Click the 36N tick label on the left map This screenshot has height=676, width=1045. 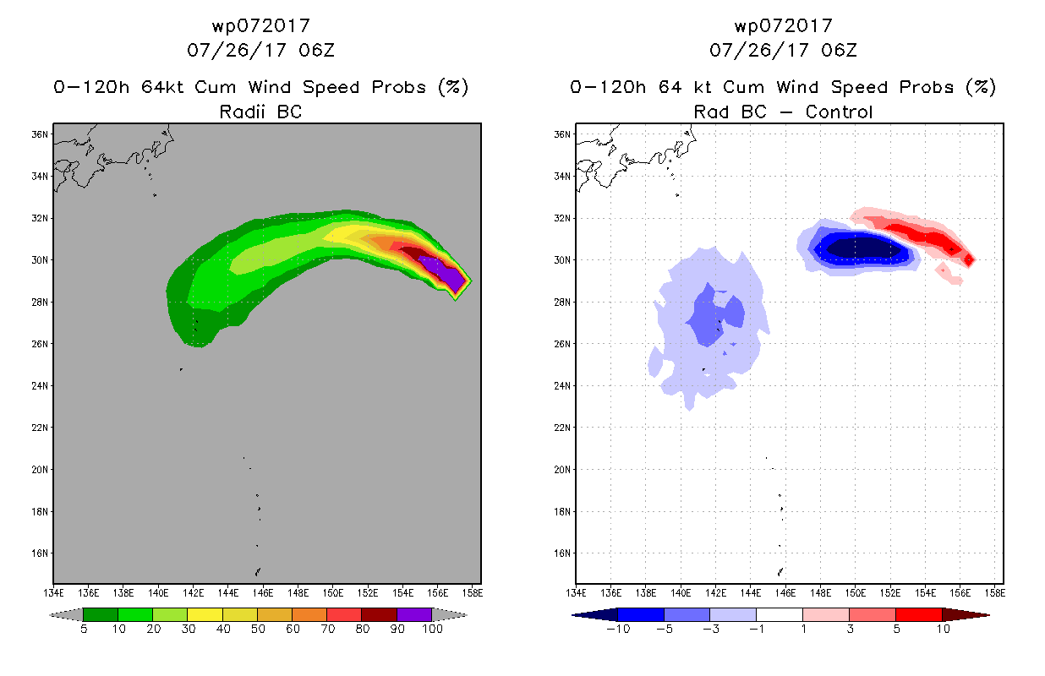point(40,134)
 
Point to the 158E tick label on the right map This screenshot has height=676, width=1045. point(994,593)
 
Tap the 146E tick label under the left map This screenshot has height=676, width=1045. point(263,593)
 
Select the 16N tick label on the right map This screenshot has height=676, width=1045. point(562,553)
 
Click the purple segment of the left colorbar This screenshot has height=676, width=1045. point(414,614)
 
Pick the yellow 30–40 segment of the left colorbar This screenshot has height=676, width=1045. point(205,614)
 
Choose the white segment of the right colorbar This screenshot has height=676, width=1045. point(779,614)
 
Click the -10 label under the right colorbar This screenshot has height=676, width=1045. point(618,630)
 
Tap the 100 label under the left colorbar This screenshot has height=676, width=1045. point(432,630)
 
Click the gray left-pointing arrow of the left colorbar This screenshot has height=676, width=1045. point(66,614)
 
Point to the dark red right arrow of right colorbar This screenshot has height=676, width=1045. point(966,614)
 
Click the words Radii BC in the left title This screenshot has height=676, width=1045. point(260,112)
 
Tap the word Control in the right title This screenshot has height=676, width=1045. point(839,112)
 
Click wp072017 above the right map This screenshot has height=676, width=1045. point(783,26)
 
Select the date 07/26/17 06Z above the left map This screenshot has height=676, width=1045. point(260,51)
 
